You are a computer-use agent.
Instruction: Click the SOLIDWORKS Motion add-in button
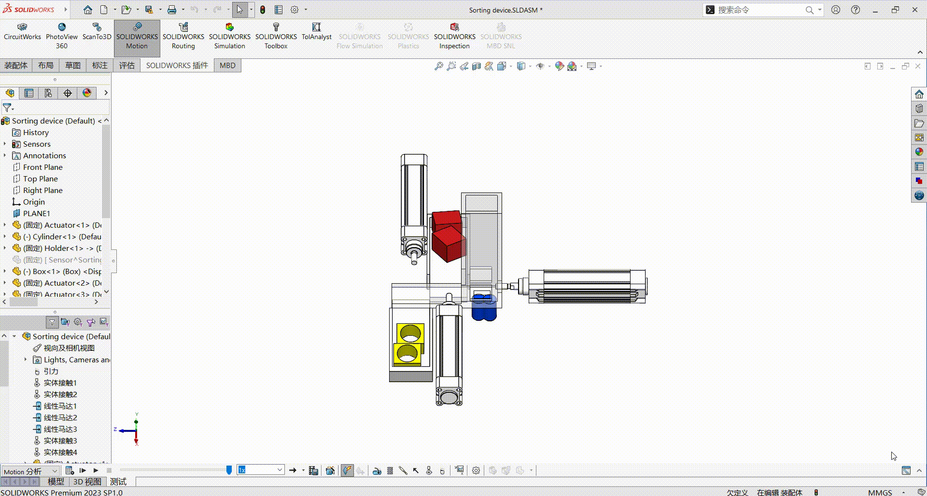137,37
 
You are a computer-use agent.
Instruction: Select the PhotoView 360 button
61,37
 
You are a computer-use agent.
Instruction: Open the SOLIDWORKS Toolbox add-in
276,37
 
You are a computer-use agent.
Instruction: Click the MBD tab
227,66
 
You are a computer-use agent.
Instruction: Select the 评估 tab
127,66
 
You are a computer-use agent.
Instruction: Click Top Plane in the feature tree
40,179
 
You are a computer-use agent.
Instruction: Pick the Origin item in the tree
34,202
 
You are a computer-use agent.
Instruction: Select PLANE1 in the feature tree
36,214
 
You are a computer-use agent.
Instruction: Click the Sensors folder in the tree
37,144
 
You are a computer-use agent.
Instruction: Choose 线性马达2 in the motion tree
60,418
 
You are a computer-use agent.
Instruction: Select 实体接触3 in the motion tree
60,441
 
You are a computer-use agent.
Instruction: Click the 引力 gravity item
51,372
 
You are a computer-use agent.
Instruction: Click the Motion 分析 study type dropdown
30,471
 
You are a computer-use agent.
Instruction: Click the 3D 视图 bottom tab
87,482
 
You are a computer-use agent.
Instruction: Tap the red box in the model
448,244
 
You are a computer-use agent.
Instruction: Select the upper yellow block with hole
410,332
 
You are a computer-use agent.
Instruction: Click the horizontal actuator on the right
587,287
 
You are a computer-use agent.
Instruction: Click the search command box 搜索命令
758,10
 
